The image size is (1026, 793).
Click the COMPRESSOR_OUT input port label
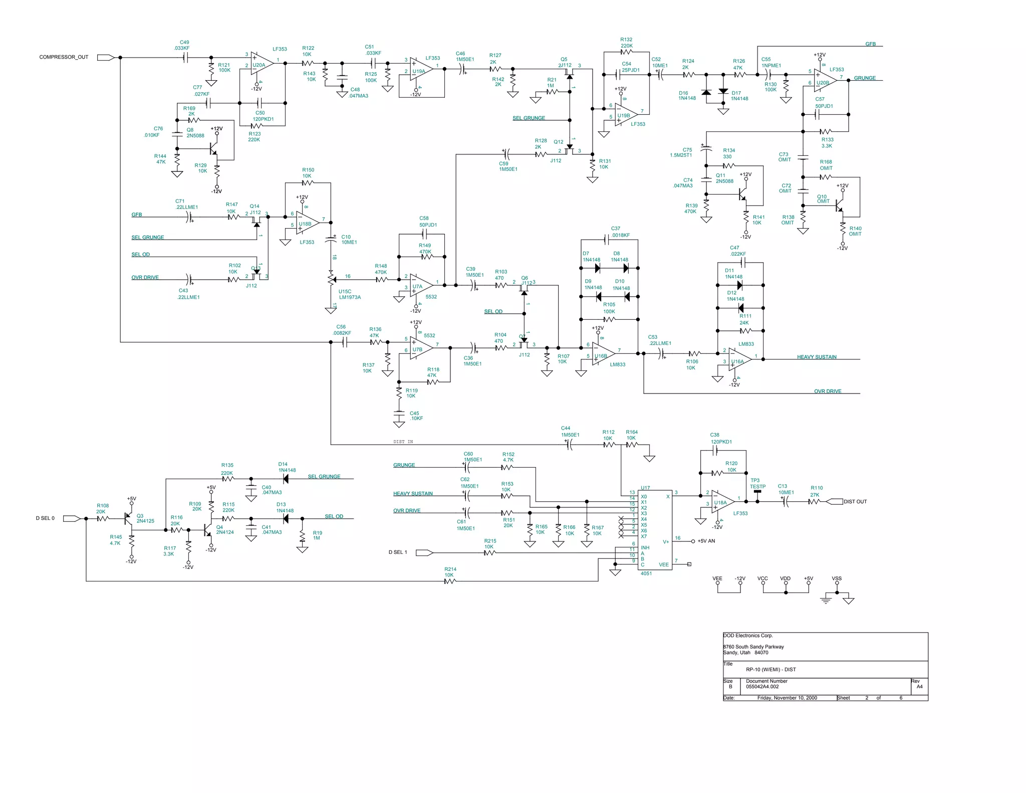pos(64,57)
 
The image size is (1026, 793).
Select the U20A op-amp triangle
pos(261,64)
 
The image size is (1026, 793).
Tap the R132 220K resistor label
pos(626,43)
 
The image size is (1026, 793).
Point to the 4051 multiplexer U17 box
pos(655,529)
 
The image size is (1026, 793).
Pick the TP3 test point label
pos(757,484)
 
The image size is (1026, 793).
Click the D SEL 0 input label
pos(45,518)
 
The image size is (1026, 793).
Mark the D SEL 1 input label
pos(398,552)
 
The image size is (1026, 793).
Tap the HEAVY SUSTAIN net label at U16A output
pos(817,357)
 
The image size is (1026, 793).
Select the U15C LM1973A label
pos(349,294)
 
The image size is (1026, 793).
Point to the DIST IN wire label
pos(403,442)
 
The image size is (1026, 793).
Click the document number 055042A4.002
pos(762,687)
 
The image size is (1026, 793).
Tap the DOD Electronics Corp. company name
pos(748,636)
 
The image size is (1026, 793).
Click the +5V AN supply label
pos(706,541)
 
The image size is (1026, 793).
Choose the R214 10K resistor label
pos(450,572)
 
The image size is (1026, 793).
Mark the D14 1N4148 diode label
pos(287,467)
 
